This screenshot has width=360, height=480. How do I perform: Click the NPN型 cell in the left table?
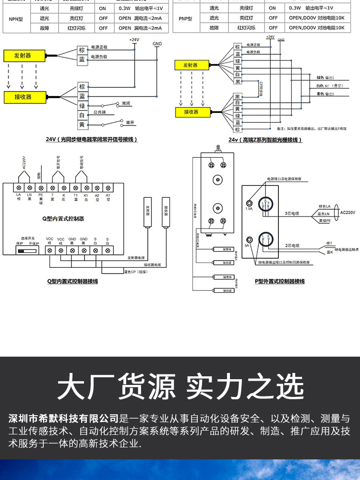point(13,19)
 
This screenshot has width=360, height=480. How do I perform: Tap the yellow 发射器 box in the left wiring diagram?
point(23,56)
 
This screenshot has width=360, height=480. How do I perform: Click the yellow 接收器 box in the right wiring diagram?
point(192,112)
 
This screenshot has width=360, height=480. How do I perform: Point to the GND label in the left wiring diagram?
point(157,43)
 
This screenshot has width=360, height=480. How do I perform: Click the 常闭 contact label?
point(126,103)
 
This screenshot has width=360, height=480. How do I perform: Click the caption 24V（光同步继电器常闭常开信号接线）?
point(92,140)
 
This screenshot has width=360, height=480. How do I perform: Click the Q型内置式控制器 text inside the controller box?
point(63,218)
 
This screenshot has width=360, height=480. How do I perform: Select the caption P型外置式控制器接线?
point(279,281)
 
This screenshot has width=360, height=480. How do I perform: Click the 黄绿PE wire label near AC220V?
point(324,221)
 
